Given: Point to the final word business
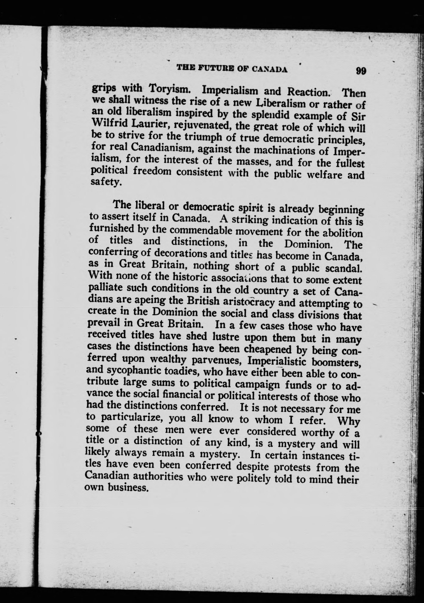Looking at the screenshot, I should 124,488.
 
